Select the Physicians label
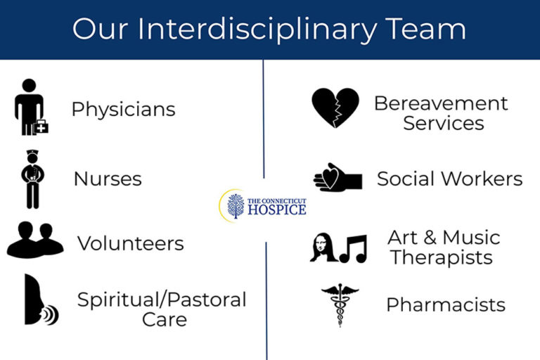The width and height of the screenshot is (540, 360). (123, 110)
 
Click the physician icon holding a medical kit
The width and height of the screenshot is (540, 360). (30, 107)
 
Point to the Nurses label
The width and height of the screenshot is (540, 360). (108, 179)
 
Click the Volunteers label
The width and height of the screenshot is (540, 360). (130, 243)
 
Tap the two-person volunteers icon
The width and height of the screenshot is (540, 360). (35, 240)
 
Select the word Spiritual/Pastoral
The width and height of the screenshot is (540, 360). (162, 300)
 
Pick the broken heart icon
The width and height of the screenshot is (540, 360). (335, 108)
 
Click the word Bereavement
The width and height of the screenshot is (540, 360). (441, 103)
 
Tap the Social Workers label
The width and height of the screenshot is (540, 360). (450, 179)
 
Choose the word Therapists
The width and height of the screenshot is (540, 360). (442, 257)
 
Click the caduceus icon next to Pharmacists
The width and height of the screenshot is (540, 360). (340, 303)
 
